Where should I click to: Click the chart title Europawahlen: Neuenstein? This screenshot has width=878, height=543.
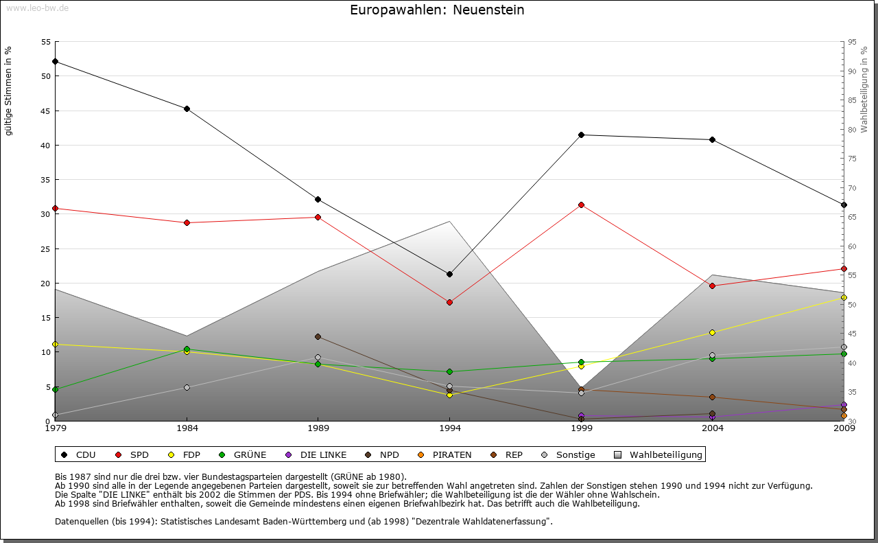tap(437, 10)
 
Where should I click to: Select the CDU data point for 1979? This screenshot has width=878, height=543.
tap(55, 62)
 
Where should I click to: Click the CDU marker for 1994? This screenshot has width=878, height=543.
tap(449, 274)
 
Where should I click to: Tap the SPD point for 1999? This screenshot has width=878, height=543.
tap(581, 205)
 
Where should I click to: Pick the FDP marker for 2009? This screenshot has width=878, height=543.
tap(844, 297)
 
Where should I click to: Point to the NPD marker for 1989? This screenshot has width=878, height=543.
tap(318, 336)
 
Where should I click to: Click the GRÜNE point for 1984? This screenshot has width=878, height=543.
tap(187, 349)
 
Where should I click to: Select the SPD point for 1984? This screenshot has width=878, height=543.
tap(187, 222)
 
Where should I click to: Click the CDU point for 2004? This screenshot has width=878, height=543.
tap(712, 139)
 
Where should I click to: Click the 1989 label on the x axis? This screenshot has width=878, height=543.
tap(318, 429)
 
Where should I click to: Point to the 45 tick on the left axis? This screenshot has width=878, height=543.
tap(46, 111)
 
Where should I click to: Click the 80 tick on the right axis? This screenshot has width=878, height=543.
tap(853, 130)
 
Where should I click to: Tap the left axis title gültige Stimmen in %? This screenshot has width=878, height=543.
tap(9, 91)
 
